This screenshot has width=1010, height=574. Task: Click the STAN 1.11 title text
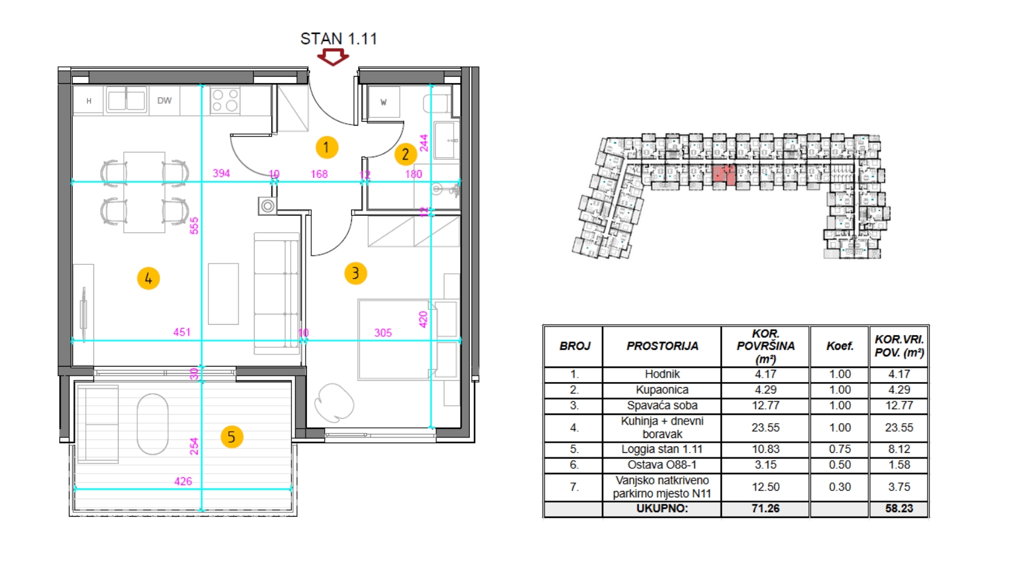coord(338,39)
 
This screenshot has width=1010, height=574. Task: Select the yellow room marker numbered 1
coord(327,148)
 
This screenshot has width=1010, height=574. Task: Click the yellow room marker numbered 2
coord(405,154)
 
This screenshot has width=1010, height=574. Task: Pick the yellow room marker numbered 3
coord(355,274)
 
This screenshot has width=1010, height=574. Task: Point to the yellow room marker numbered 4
coord(148,278)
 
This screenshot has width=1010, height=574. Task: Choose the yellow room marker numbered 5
coord(232,437)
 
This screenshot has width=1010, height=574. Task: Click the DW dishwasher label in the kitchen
coord(164,100)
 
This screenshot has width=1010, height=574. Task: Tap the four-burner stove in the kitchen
coord(225,100)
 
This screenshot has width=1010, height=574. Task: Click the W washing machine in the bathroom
coord(384,102)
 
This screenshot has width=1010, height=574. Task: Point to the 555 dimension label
coord(194,225)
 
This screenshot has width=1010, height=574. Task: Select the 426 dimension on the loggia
coord(183,481)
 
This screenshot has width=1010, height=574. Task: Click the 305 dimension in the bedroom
coord(383,333)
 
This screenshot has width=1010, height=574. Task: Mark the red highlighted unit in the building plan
coord(724,175)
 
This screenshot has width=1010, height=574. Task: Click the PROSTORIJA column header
coord(662,346)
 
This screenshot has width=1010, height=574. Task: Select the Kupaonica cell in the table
coord(662,390)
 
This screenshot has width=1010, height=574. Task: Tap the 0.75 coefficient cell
coord(840,449)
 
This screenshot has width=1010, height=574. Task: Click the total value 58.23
coord(898,508)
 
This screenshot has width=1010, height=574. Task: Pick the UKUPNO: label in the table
coord(662,508)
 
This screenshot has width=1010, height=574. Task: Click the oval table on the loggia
coord(152,424)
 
